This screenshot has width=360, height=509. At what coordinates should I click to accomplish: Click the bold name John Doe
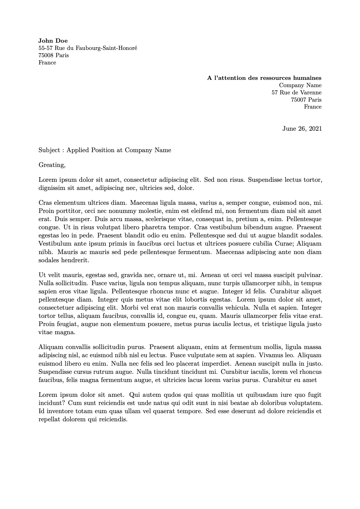click(53, 41)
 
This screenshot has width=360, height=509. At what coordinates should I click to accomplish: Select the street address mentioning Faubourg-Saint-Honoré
click(88, 48)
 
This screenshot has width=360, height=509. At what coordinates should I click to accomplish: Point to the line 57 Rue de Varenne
click(296, 93)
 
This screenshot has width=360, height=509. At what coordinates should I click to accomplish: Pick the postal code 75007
click(299, 100)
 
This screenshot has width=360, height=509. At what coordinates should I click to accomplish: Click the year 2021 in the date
click(315, 129)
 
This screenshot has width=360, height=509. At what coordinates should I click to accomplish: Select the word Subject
click(49, 150)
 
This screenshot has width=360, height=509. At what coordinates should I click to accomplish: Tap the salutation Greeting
click(52, 165)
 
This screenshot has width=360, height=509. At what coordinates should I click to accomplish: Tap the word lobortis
click(196, 300)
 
